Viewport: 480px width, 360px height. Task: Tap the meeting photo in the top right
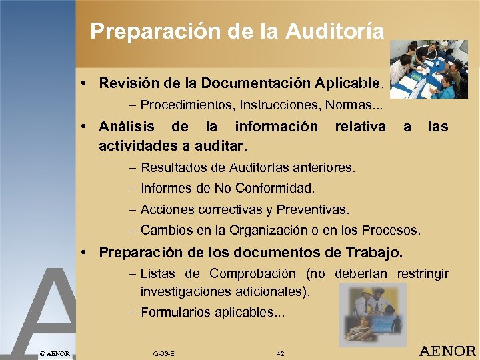pyautogui.click(x=428, y=69)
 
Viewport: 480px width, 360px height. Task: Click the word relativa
pyautogui.click(x=360, y=126)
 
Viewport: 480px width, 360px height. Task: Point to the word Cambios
pyautogui.click(x=166, y=231)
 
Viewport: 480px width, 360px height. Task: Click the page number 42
pyautogui.click(x=280, y=353)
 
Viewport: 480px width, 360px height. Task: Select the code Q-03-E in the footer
pyautogui.click(x=163, y=353)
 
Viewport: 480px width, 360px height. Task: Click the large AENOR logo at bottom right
pyautogui.click(x=446, y=351)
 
